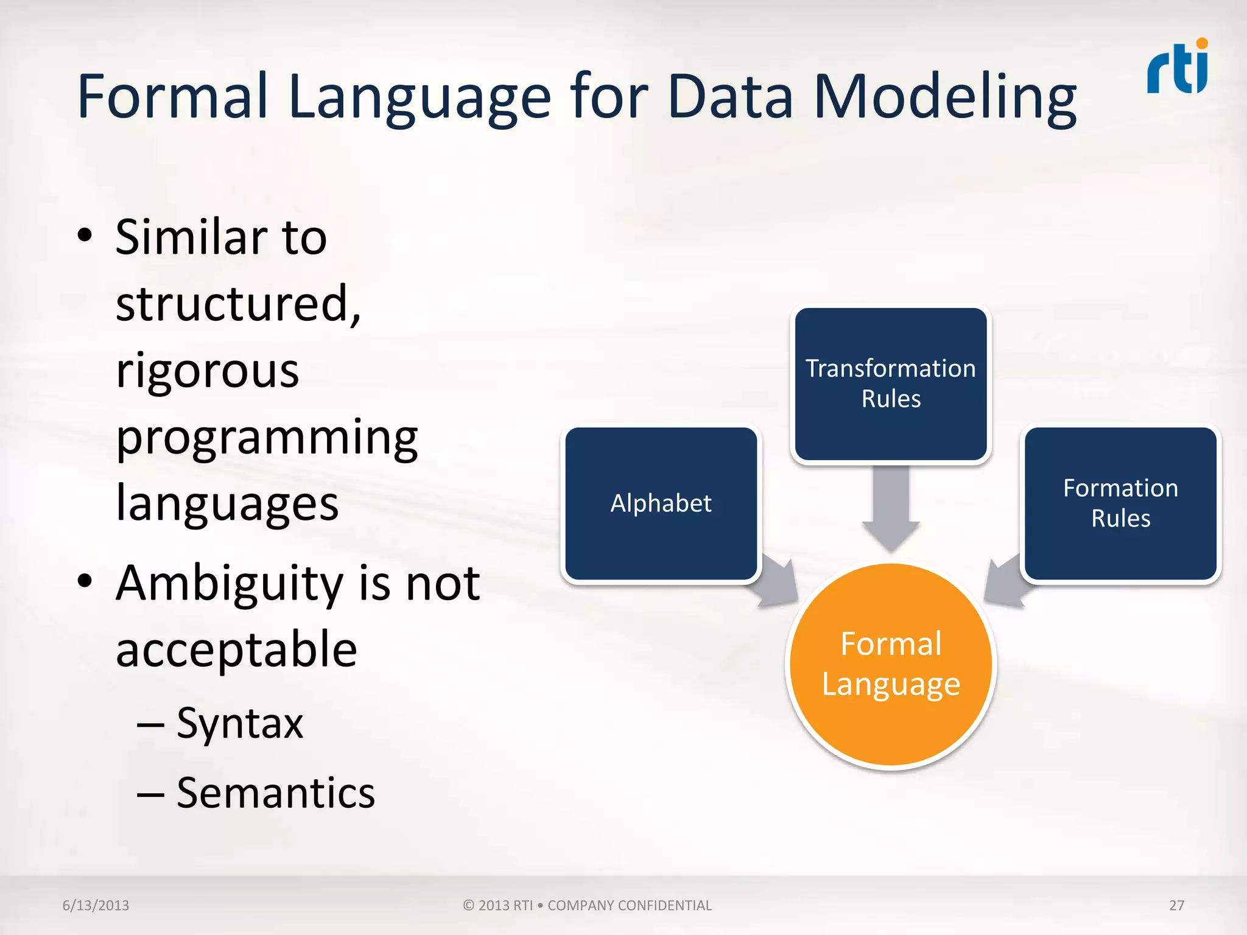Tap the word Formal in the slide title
pyautogui.click(x=173, y=96)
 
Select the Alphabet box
pyautogui.click(x=661, y=503)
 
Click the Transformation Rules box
pyautogui.click(x=891, y=383)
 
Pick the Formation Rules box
pyautogui.click(x=1120, y=503)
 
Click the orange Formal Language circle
pyautogui.click(x=891, y=665)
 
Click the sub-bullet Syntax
pyautogui.click(x=239, y=724)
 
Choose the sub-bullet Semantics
pyautogui.click(x=275, y=793)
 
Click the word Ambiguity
pyautogui.click(x=230, y=584)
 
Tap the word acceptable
pyautogui.click(x=236, y=650)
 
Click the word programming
pyautogui.click(x=267, y=438)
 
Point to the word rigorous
pyautogui.click(x=207, y=371)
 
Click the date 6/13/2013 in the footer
pyautogui.click(x=96, y=905)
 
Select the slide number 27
pyautogui.click(x=1176, y=905)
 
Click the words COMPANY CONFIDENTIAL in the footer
pyautogui.click(x=629, y=905)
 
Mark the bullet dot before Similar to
pyautogui.click(x=85, y=236)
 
